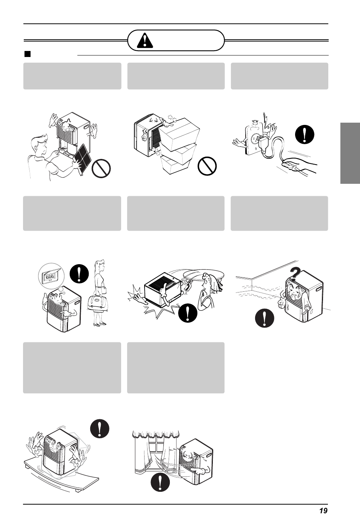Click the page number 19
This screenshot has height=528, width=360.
[x=323, y=511]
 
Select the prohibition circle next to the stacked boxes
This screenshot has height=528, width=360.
[x=207, y=166]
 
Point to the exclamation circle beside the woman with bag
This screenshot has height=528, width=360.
[x=79, y=274]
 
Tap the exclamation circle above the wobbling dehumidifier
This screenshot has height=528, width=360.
[x=100, y=428]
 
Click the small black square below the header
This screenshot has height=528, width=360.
[x=27, y=54]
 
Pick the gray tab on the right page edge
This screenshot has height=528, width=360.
[x=350, y=153]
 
